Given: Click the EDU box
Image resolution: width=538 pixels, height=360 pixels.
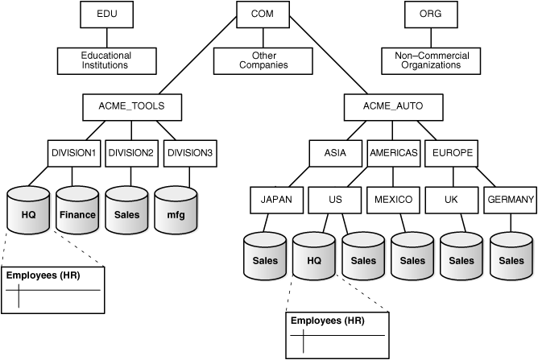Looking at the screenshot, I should coord(106,14).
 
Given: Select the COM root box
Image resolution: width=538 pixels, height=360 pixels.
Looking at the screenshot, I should coord(263,14).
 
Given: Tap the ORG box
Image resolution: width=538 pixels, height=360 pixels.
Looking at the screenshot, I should coord(430,14).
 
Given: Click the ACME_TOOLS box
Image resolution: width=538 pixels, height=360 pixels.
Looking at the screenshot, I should coord(132,106).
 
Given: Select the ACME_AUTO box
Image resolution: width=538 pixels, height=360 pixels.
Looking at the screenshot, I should coord(393,106).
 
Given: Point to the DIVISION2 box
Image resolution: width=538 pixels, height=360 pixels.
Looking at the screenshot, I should coord(131,153).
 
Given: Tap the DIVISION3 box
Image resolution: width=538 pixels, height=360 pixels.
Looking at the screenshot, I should coord(189,153).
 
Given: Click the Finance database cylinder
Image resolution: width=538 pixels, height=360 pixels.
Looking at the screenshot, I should coord(78,212).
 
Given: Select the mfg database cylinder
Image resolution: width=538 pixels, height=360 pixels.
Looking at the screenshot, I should coord(176,212).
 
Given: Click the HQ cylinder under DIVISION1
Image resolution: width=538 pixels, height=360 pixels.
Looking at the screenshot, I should coord(28,212).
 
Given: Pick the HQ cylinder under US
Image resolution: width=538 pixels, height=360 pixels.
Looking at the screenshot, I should coord(314,258).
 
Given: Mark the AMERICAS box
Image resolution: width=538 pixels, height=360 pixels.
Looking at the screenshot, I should coord(393,153).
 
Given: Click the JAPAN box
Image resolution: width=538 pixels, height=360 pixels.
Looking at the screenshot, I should coord(275,199).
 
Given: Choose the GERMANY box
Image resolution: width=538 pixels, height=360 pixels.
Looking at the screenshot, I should coord(511,199).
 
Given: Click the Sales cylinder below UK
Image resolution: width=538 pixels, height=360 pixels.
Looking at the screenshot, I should coord(461,258).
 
